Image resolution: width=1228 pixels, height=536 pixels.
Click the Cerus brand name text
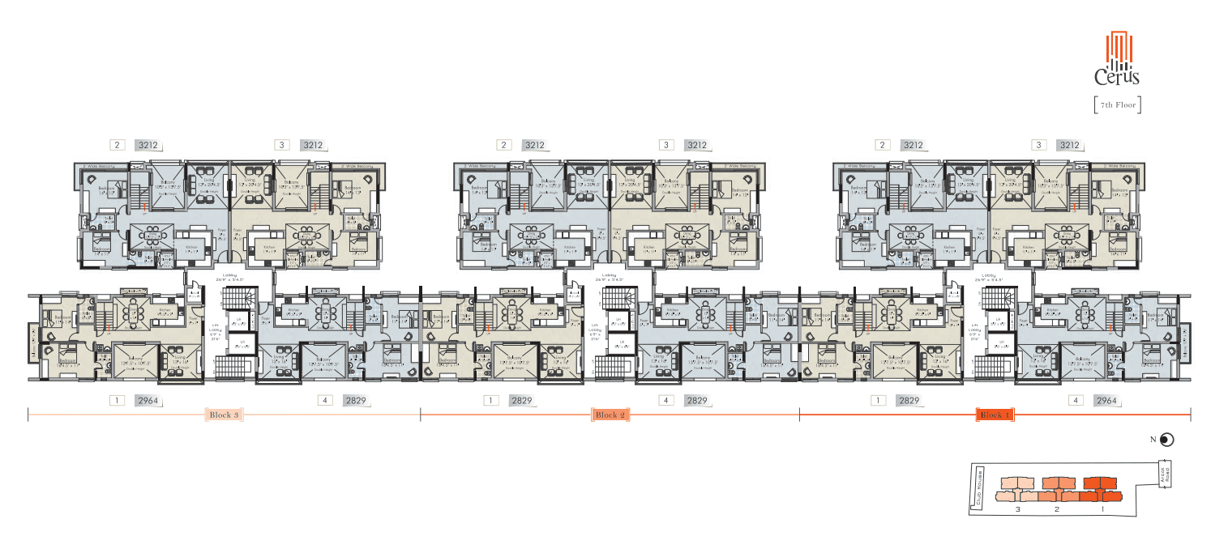pos(1117,78)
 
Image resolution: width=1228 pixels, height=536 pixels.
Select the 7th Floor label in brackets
pos(1117,105)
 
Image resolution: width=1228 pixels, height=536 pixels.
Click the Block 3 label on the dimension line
pos(225,415)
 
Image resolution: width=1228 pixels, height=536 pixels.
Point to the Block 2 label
pos(610,415)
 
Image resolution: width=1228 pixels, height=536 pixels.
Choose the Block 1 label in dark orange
pos(995,415)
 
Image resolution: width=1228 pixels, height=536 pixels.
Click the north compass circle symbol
pos(1166,440)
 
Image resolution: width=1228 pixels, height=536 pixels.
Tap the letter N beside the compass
pos(1153,440)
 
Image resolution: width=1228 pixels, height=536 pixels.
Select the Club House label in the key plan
pos(979,487)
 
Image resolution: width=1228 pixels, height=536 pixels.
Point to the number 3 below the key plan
pos(1018,510)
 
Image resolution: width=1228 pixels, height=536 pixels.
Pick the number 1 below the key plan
pos(1102,510)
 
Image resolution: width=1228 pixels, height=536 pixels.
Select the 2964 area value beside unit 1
pos(148,401)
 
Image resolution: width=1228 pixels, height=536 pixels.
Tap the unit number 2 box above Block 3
pos(118,146)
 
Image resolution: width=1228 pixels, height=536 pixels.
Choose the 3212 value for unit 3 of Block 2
pos(695,146)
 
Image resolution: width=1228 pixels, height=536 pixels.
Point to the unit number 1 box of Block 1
pos(878,401)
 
